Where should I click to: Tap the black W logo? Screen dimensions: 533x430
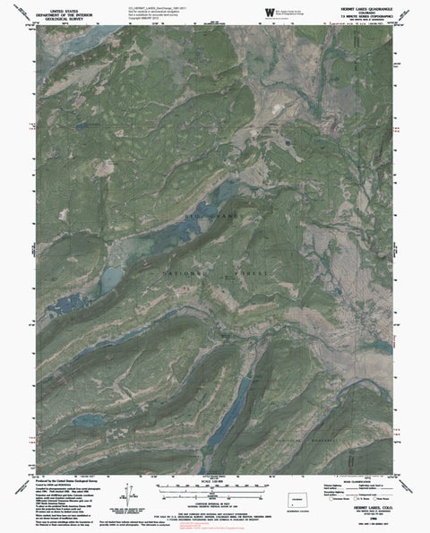(272, 11)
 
